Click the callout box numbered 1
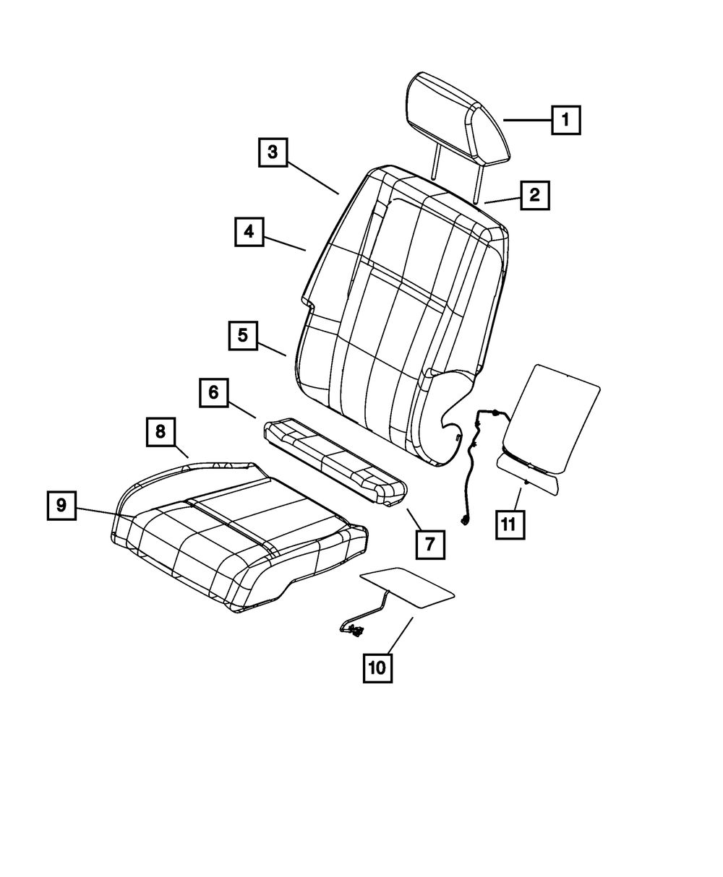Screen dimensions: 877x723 (565, 120)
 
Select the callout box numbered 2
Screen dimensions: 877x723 (534, 194)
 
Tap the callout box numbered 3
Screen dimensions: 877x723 (272, 152)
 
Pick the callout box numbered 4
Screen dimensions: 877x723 (249, 232)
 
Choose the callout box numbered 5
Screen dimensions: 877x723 (243, 336)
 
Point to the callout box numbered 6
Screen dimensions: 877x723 (214, 393)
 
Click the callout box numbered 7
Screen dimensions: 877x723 (430, 544)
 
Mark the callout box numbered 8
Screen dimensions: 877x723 (160, 433)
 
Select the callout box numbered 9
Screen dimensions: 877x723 (61, 506)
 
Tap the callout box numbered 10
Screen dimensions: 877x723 (377, 668)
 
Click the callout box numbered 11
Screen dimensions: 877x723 (510, 524)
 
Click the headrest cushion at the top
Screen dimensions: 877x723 (455, 119)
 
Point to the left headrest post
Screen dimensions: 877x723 (435, 160)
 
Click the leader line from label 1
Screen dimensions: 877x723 (527, 120)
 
